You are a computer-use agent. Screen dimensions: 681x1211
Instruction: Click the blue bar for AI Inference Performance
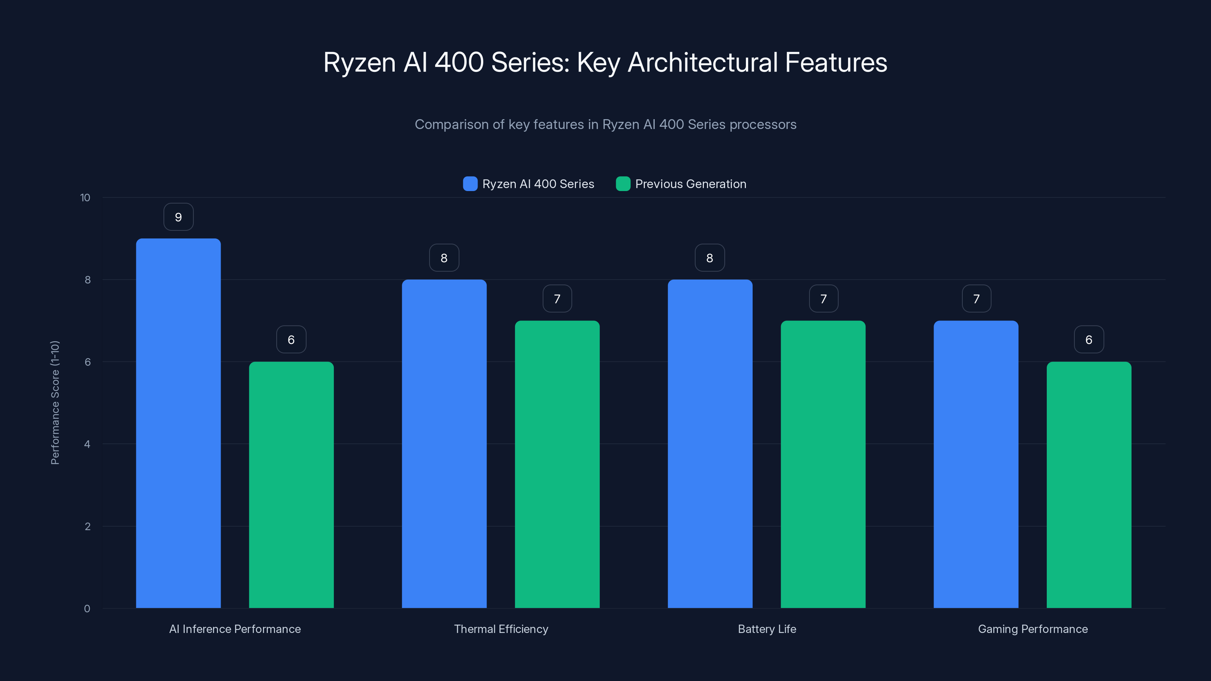pyautogui.click(x=178, y=423)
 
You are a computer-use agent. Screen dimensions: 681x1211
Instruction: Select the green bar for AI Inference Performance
pyautogui.click(x=291, y=484)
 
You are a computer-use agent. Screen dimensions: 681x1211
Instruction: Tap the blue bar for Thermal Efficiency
pyautogui.click(x=444, y=444)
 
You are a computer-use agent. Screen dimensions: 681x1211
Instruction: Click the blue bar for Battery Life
pyautogui.click(x=710, y=444)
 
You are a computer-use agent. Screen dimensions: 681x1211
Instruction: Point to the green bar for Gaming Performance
pyautogui.click(x=1089, y=484)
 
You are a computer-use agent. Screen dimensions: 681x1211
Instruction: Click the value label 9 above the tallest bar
pyautogui.click(x=178, y=217)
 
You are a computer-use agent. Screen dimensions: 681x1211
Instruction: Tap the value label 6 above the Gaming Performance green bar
pyautogui.click(x=1089, y=340)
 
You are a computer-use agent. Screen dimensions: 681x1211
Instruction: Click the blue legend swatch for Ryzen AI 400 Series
pyautogui.click(x=470, y=184)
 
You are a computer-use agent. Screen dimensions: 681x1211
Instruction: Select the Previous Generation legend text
pyautogui.click(x=691, y=184)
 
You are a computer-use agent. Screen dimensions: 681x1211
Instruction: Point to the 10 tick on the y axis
pyautogui.click(x=85, y=198)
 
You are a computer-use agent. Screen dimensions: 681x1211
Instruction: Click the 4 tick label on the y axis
pyautogui.click(x=87, y=444)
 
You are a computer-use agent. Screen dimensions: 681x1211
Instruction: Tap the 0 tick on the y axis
pyautogui.click(x=87, y=609)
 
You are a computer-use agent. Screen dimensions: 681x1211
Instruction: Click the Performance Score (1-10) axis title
pyautogui.click(x=55, y=403)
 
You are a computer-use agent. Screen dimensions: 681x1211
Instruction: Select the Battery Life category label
pyautogui.click(x=767, y=629)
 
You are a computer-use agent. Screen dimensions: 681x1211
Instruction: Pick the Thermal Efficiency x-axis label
pyautogui.click(x=501, y=629)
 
